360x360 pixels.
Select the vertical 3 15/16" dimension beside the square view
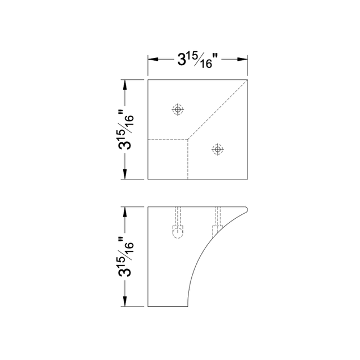pyautogui.click(x=126, y=130)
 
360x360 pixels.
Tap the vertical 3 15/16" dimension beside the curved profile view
pyautogui.click(x=126, y=256)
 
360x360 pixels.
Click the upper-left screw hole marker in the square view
pyautogui.click(x=178, y=109)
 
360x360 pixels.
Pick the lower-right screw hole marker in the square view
pyautogui.click(x=217, y=149)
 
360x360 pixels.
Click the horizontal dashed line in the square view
pyautogui.click(x=168, y=138)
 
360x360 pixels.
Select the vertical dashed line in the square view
pyautogui.click(x=188, y=159)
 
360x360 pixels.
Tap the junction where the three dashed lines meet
pyautogui.click(x=188, y=138)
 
